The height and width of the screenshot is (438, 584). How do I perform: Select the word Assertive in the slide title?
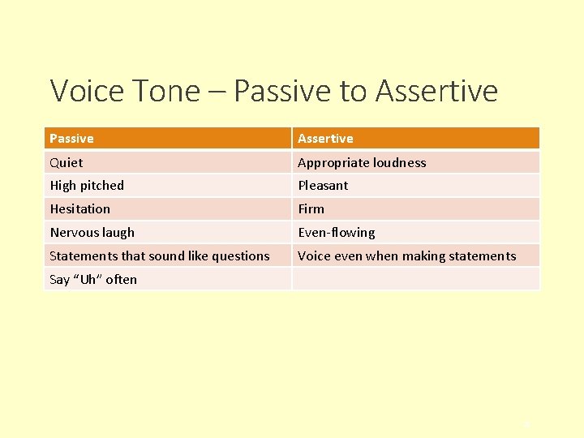pyautogui.click(x=436, y=91)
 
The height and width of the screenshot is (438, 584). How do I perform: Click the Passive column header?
pyautogui.click(x=71, y=139)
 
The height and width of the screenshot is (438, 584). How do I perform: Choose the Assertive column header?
pyautogui.click(x=325, y=139)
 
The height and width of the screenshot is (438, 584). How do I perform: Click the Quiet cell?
pyautogui.click(x=67, y=162)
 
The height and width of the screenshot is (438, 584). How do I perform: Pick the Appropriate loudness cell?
pyautogui.click(x=362, y=162)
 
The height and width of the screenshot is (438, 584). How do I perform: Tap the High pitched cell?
pyautogui.click(x=87, y=185)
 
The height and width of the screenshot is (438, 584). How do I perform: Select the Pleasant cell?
pyautogui.click(x=323, y=185)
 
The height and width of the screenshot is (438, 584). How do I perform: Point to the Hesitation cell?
pyautogui.click(x=79, y=208)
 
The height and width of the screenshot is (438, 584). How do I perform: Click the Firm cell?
pyautogui.click(x=311, y=208)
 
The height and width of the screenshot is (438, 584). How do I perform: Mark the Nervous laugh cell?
pyautogui.click(x=92, y=232)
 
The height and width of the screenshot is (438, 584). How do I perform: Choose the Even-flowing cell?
pyautogui.click(x=337, y=232)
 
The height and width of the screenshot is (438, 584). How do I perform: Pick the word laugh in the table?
pyautogui.click(x=118, y=232)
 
